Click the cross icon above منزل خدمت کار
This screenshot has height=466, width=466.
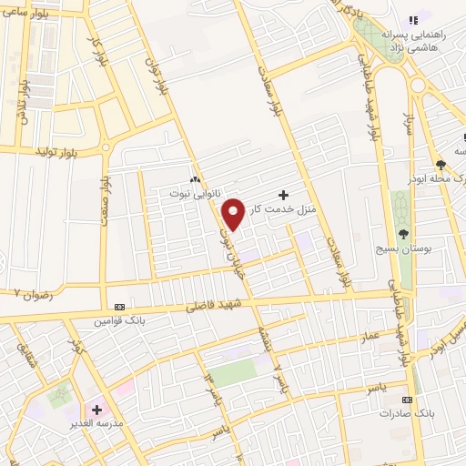coord(284,195)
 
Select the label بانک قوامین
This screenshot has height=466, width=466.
coord(120,320)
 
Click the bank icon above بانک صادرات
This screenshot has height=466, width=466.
coord(407,400)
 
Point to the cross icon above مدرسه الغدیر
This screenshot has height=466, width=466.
coord(97,410)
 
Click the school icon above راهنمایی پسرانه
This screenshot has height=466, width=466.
coord(413,19)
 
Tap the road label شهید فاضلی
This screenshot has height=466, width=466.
coord(210,308)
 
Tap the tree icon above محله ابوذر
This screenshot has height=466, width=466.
coord(441,164)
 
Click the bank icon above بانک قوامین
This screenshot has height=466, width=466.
coord(120,307)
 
